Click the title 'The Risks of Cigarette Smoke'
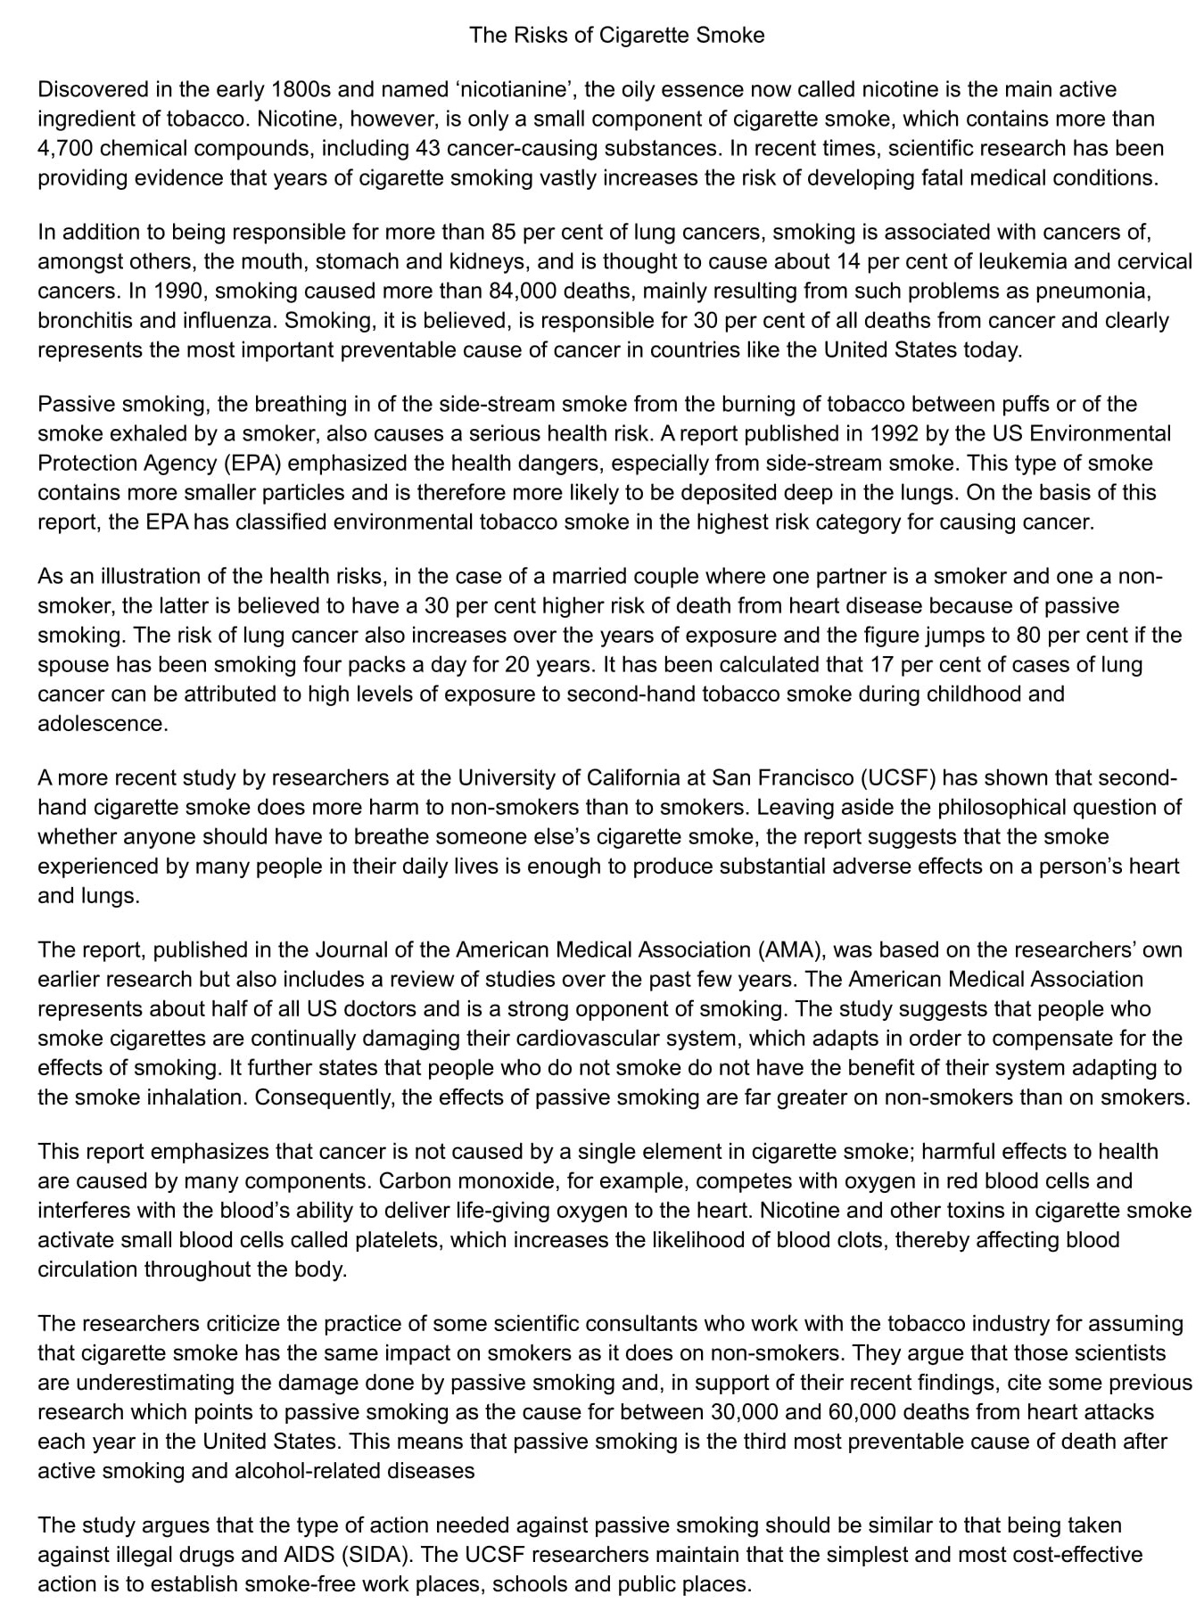[x=616, y=35]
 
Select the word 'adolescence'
[x=102, y=723]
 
